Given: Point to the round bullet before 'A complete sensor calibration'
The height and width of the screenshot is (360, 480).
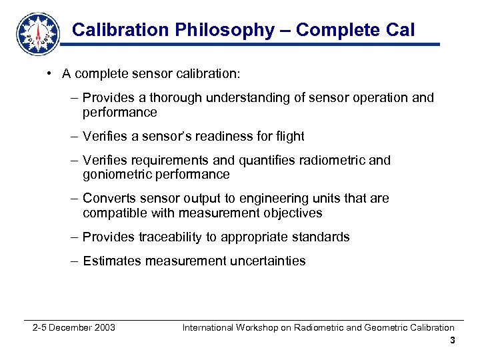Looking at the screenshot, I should pyautogui.click(x=51, y=73).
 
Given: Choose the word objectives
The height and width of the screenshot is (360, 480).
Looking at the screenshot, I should pyautogui.click(x=289, y=213).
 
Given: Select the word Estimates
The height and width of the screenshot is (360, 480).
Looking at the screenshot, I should pyautogui.click(x=111, y=261).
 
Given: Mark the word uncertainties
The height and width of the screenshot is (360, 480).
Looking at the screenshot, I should pyautogui.click(x=267, y=261).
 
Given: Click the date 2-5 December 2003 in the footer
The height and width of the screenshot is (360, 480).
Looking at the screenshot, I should pyautogui.click(x=74, y=327).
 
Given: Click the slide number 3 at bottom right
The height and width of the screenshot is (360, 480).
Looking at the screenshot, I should pyautogui.click(x=452, y=341).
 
